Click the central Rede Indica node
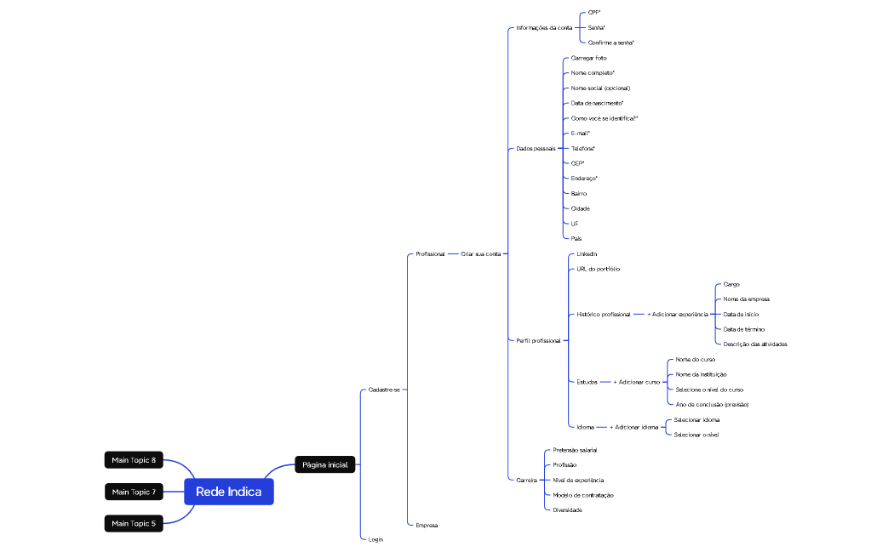point(228,492)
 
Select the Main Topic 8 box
point(134,460)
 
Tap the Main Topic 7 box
point(134,492)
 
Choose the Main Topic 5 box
point(134,523)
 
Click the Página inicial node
point(324,464)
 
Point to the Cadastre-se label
point(383,390)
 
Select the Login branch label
point(375,539)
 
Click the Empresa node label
point(427,525)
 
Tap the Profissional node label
point(430,253)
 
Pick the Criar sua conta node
point(480,253)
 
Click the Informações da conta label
point(544,27)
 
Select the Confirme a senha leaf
point(610,43)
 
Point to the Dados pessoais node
point(536,148)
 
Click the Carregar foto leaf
point(588,58)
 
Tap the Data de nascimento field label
point(597,103)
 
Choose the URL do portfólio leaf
point(598,269)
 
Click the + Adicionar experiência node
point(677,314)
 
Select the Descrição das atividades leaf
point(754,344)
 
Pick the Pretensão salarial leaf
point(575,449)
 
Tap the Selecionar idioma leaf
point(696,419)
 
